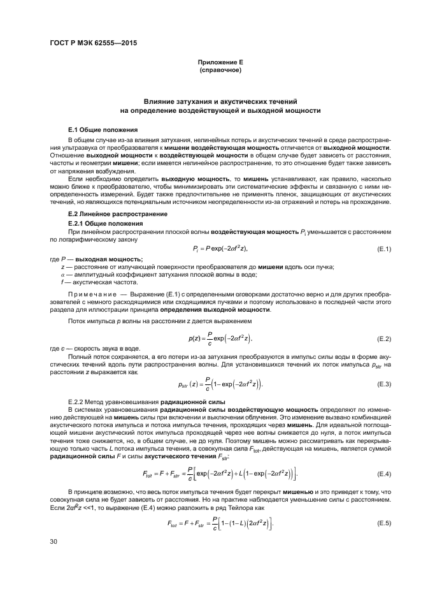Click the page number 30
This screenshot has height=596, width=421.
coord(54,559)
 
